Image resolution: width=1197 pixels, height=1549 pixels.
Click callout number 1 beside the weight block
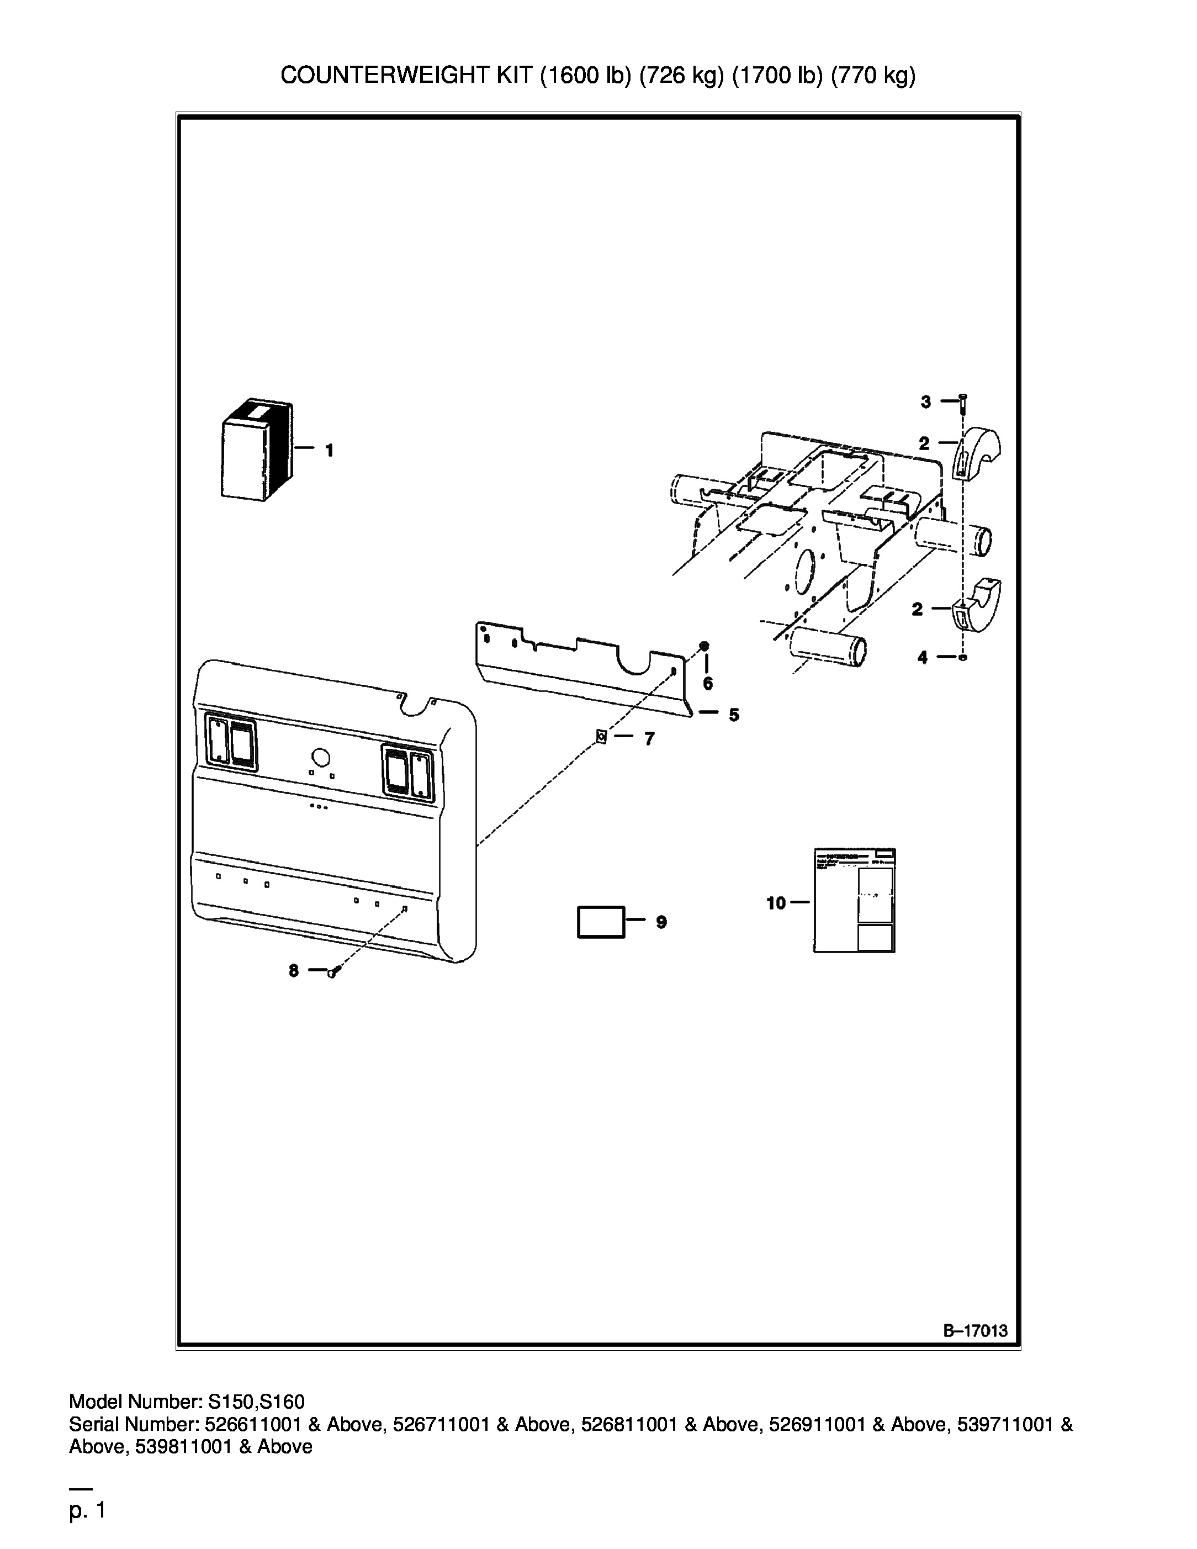[329, 451]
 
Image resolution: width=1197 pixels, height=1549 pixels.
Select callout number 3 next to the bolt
[925, 402]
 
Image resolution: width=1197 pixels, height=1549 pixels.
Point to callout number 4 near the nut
[922, 658]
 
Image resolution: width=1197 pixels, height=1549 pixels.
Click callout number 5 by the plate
[733, 715]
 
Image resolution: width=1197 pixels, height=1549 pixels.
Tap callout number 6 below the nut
[708, 684]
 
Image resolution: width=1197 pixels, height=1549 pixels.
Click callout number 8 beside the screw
[294, 971]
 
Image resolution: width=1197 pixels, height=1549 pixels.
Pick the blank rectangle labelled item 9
[601, 922]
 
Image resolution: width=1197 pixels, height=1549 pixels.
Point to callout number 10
[776, 903]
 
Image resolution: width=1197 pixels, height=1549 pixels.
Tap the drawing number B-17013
[975, 1330]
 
